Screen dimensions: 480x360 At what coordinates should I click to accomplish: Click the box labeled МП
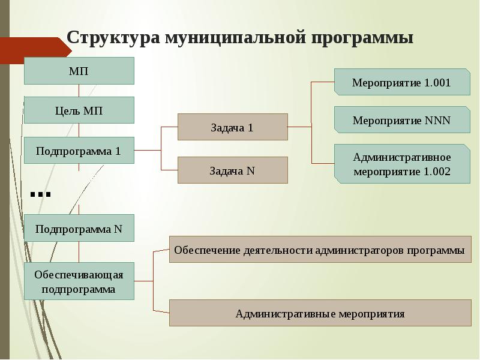[x=79, y=71]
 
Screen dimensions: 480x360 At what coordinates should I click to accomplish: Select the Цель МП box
[x=79, y=110]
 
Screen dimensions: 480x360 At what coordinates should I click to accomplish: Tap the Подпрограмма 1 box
[x=79, y=151]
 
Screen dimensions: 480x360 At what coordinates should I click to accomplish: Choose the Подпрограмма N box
[x=79, y=228]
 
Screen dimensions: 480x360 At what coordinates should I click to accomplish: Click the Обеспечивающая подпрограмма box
[x=79, y=281]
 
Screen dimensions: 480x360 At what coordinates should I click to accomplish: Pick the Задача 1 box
[x=233, y=127]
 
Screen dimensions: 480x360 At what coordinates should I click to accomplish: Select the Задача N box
[x=233, y=170]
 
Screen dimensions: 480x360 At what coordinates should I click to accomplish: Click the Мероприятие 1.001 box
[x=402, y=82]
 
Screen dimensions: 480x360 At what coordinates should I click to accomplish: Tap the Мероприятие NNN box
[x=402, y=119]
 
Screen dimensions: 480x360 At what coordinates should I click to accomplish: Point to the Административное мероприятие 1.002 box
[x=402, y=164]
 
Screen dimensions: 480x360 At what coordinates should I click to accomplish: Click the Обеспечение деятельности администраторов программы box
[x=320, y=249]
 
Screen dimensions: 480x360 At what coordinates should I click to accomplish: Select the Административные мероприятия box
[x=320, y=313]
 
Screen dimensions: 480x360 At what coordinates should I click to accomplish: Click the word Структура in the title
[x=113, y=38]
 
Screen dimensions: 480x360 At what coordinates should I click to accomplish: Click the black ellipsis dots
[x=40, y=194]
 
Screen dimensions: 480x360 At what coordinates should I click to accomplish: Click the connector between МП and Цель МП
[x=79, y=91]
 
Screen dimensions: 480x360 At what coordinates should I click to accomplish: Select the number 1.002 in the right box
[x=437, y=172]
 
